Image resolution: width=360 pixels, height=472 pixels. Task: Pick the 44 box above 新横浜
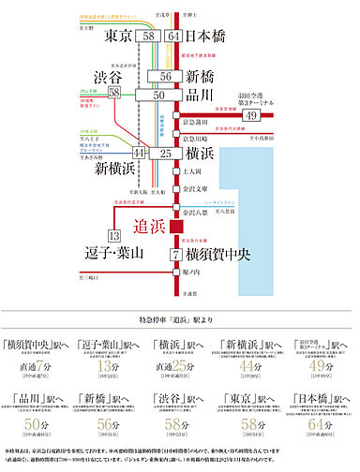(139, 152)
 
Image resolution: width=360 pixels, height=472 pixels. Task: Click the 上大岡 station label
(192, 172)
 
